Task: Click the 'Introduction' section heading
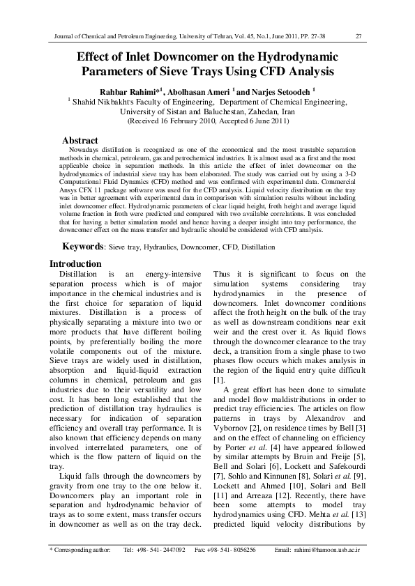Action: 75,264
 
